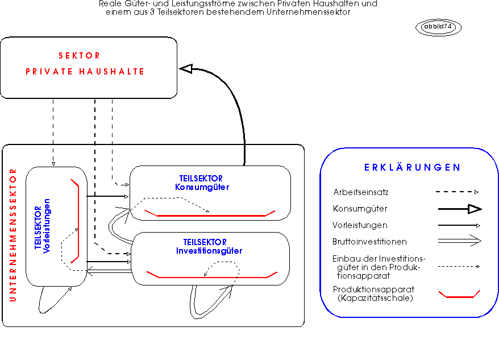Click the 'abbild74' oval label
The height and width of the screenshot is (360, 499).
tap(438, 27)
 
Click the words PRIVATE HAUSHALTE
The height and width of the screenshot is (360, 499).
tap(85, 72)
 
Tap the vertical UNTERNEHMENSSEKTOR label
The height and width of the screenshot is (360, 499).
tap(13, 235)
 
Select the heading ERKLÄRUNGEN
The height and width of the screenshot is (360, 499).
tap(413, 168)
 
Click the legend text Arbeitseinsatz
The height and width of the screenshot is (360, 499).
tap(360, 192)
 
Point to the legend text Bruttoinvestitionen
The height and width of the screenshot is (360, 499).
tap(369, 242)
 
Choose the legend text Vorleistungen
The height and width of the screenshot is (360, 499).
tap(360, 225)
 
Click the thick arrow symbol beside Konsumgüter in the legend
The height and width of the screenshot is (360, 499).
tap(460, 209)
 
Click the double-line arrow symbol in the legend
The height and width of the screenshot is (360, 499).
tap(460, 241)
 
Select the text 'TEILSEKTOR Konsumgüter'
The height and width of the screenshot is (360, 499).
tap(202, 183)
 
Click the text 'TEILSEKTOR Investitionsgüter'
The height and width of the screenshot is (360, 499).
tap(209, 247)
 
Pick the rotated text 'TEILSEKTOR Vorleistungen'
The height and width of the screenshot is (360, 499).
tap(42, 226)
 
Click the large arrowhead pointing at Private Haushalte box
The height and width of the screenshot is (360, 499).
tap(186, 68)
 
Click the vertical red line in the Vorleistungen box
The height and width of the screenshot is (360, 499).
tap(78, 221)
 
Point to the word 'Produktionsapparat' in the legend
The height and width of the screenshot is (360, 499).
tap(373, 289)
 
